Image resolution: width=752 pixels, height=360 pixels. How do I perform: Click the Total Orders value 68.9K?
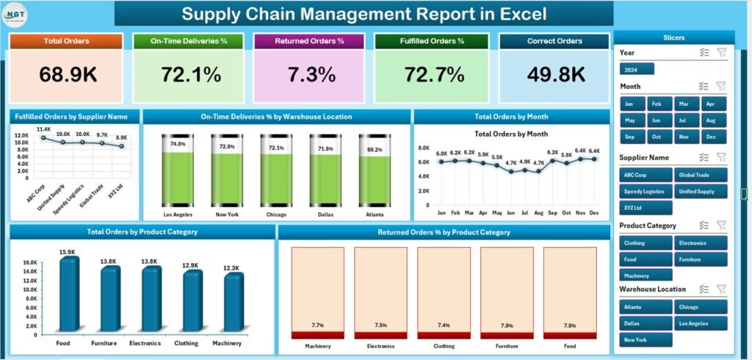pyautogui.click(x=66, y=74)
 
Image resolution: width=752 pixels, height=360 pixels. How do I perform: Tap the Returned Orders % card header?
pyautogui.click(x=308, y=41)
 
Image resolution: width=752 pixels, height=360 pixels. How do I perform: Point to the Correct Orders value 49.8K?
pyautogui.click(x=555, y=74)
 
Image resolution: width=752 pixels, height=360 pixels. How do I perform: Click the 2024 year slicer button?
pyautogui.click(x=636, y=69)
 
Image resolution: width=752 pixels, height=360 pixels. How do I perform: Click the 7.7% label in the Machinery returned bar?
pyautogui.click(x=317, y=325)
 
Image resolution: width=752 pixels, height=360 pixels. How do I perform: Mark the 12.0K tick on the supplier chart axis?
pyautogui.click(x=21, y=135)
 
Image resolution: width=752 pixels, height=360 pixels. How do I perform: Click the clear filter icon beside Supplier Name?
pyautogui.click(x=720, y=157)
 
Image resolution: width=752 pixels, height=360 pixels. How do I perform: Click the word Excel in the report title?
pyautogui.click(x=519, y=14)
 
